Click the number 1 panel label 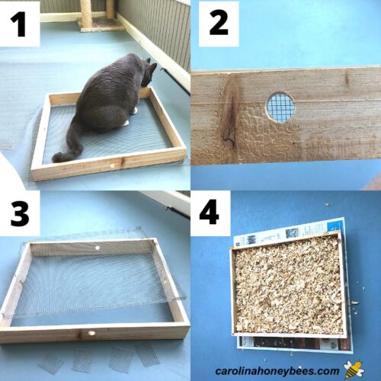coord(18,24)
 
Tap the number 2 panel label coord(219,24)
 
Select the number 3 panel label coord(20,213)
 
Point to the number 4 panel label coord(209,212)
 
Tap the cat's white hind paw coord(125,123)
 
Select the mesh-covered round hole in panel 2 coord(280,106)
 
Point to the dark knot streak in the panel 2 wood coord(230,114)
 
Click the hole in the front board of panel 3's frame coord(91,333)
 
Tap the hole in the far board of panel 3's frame coord(97,248)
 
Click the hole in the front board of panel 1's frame coord(112,166)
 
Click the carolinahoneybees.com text coord(277,370)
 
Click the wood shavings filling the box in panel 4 coord(288,284)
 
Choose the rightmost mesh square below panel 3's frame coord(147,357)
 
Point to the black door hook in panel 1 coord(176,81)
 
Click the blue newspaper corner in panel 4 coord(335,226)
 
